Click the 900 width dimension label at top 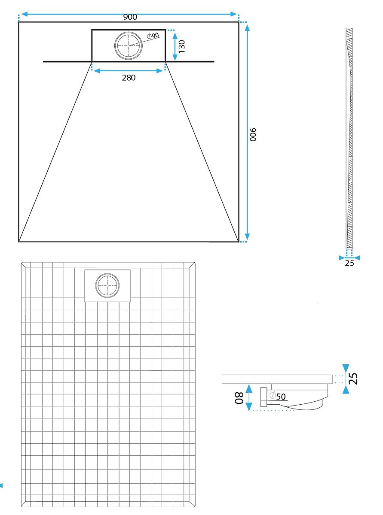[130, 17]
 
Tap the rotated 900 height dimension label [253, 134]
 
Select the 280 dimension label [129, 78]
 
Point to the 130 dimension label [182, 46]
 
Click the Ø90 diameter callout [153, 36]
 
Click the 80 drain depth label [239, 398]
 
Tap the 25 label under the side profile [349, 263]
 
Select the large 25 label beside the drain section [353, 379]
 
